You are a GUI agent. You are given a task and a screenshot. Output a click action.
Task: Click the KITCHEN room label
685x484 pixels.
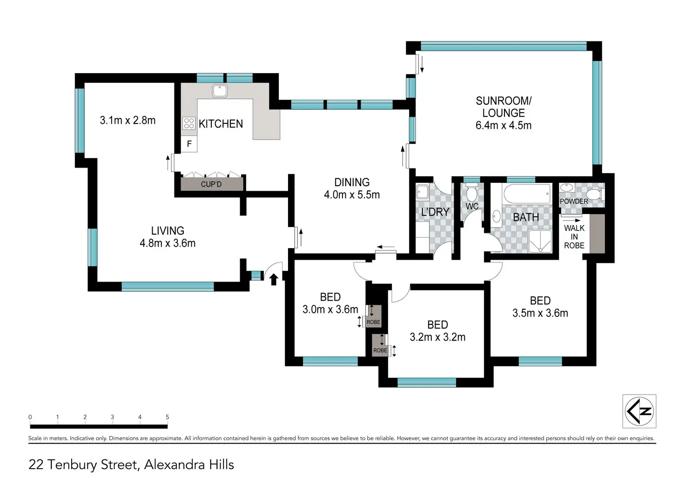(x=221, y=124)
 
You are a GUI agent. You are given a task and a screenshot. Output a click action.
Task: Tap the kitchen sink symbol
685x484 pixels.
(x=220, y=91)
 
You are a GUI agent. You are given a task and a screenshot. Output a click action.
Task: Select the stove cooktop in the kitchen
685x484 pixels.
(x=189, y=123)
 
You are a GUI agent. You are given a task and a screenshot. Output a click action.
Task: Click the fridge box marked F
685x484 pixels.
(x=189, y=144)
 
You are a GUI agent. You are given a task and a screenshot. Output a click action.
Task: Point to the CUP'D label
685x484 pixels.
(x=211, y=184)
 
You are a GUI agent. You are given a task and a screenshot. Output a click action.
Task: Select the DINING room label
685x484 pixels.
(x=352, y=182)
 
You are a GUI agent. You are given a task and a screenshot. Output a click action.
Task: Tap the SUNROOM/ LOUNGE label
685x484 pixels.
(x=504, y=107)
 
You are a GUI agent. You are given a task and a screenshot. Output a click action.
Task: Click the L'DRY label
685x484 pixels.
(x=435, y=212)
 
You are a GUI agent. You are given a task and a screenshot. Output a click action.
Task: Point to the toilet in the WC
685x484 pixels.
(x=471, y=191)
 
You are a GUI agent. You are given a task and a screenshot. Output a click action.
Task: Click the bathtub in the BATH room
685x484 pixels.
(x=527, y=194)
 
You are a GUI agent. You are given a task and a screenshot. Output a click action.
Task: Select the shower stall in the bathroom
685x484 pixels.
(x=540, y=241)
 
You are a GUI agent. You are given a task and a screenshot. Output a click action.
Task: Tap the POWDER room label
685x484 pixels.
(x=574, y=202)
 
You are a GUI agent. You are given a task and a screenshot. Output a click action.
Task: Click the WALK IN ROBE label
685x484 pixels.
(x=574, y=237)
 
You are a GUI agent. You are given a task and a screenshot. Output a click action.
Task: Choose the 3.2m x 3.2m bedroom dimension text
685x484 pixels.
(x=437, y=337)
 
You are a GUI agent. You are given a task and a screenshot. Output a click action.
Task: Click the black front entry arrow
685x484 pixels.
(x=274, y=279)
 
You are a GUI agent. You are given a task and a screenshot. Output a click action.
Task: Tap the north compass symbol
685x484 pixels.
(x=639, y=411)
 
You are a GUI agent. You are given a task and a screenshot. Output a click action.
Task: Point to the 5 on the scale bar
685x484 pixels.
(x=167, y=417)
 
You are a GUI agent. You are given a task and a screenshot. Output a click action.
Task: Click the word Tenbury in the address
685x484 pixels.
(x=72, y=465)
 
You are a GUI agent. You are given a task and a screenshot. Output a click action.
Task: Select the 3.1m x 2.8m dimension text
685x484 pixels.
(x=128, y=120)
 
